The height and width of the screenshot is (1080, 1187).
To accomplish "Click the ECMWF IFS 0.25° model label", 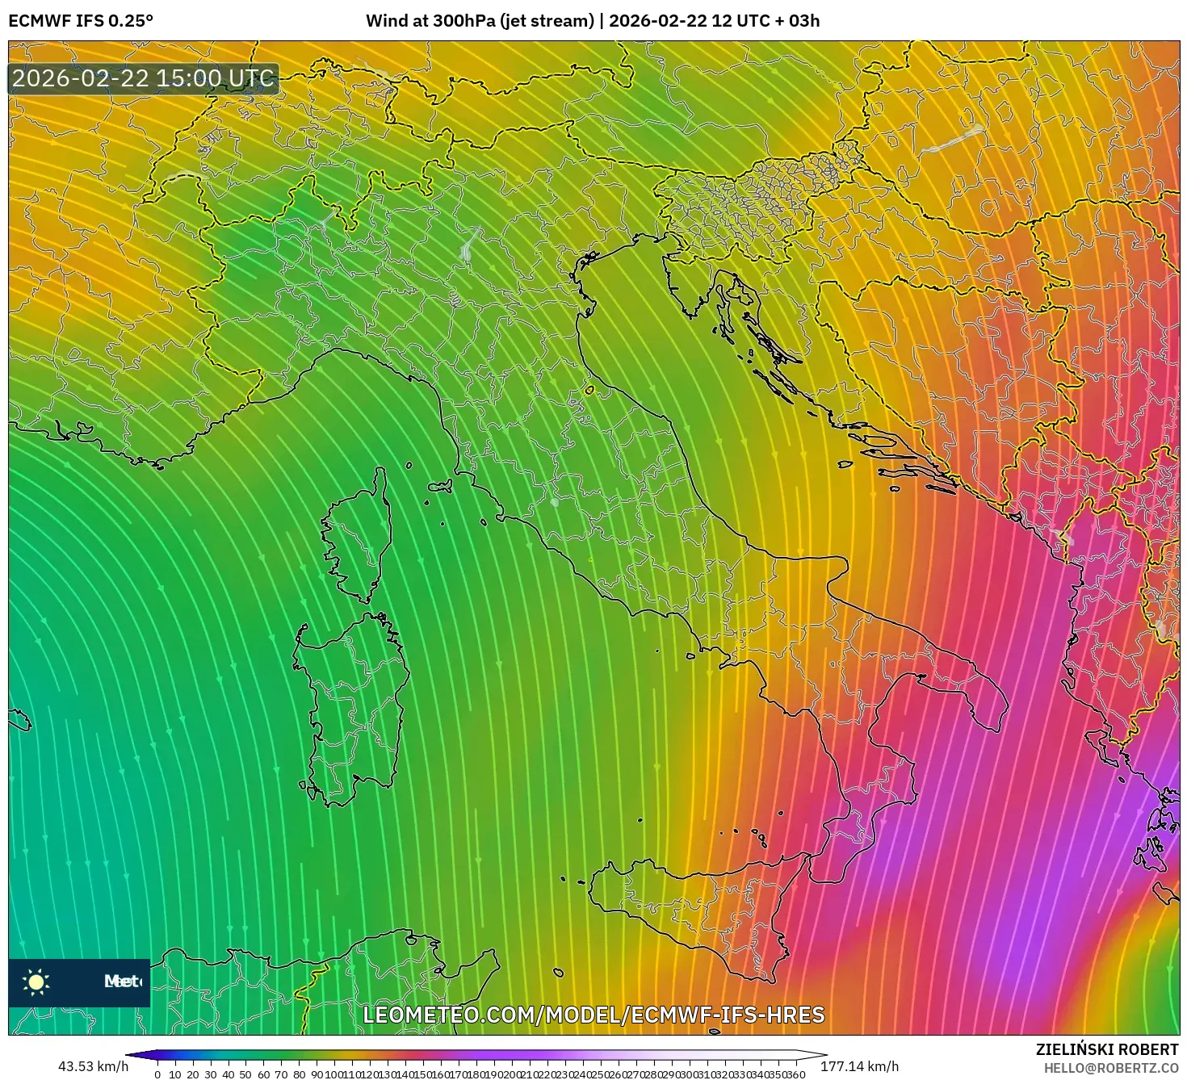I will [x=80, y=21].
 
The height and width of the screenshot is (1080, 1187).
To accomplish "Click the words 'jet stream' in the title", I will [x=549, y=21].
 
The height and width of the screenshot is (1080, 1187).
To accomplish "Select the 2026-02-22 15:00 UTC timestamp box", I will [x=143, y=79].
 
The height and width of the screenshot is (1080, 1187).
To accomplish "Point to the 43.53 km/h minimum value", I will [x=93, y=1066].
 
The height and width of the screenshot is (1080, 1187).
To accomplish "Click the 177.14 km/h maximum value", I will [x=859, y=1066].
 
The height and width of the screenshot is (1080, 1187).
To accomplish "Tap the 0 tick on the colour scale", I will [x=157, y=1074].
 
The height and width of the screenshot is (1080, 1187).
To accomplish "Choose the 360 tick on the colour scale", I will [x=796, y=1074].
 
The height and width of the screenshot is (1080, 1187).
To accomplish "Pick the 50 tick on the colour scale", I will [x=246, y=1074].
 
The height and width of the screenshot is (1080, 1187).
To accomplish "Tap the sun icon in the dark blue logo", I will [x=36, y=982].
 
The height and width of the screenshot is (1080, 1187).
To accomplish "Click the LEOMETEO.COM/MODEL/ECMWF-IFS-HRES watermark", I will [x=593, y=1015].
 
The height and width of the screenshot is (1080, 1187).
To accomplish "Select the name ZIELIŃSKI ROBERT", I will [x=1106, y=1049].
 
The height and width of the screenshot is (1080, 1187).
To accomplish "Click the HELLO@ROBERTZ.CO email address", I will [x=1110, y=1068].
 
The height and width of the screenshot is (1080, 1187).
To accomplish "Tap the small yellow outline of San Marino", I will [x=589, y=391].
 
